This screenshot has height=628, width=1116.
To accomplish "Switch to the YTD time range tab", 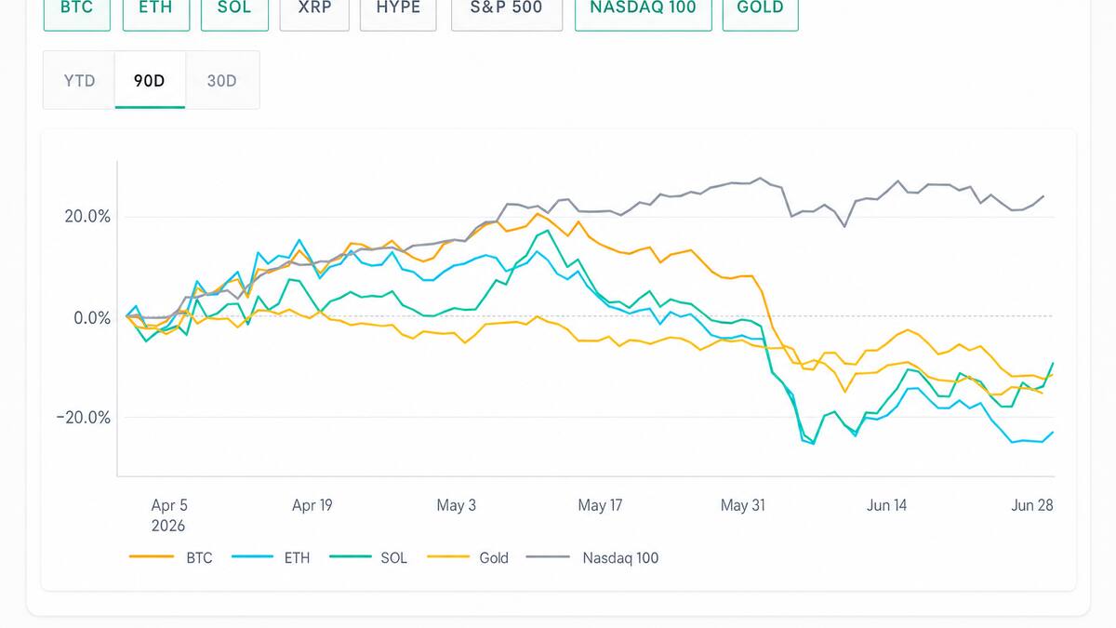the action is pyautogui.click(x=79, y=80).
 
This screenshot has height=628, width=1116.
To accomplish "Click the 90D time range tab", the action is pyautogui.click(x=150, y=80).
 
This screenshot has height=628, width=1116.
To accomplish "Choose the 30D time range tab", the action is pyautogui.click(x=221, y=80).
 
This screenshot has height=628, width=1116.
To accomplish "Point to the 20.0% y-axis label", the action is pyautogui.click(x=87, y=216).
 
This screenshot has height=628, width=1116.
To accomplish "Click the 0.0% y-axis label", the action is pyautogui.click(x=92, y=317).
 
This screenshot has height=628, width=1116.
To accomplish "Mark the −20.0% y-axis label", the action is pyautogui.click(x=83, y=417).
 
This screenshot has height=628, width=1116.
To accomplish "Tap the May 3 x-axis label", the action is pyautogui.click(x=457, y=505).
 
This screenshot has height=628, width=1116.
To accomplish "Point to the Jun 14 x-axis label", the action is pyautogui.click(x=887, y=505).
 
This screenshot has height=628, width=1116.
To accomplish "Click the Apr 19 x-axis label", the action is pyautogui.click(x=312, y=505).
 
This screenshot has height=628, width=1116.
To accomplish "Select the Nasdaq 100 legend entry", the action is pyautogui.click(x=592, y=557).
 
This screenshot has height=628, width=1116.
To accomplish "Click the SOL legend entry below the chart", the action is pyautogui.click(x=368, y=557).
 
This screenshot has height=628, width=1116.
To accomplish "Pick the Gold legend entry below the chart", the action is pyautogui.click(x=468, y=557).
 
